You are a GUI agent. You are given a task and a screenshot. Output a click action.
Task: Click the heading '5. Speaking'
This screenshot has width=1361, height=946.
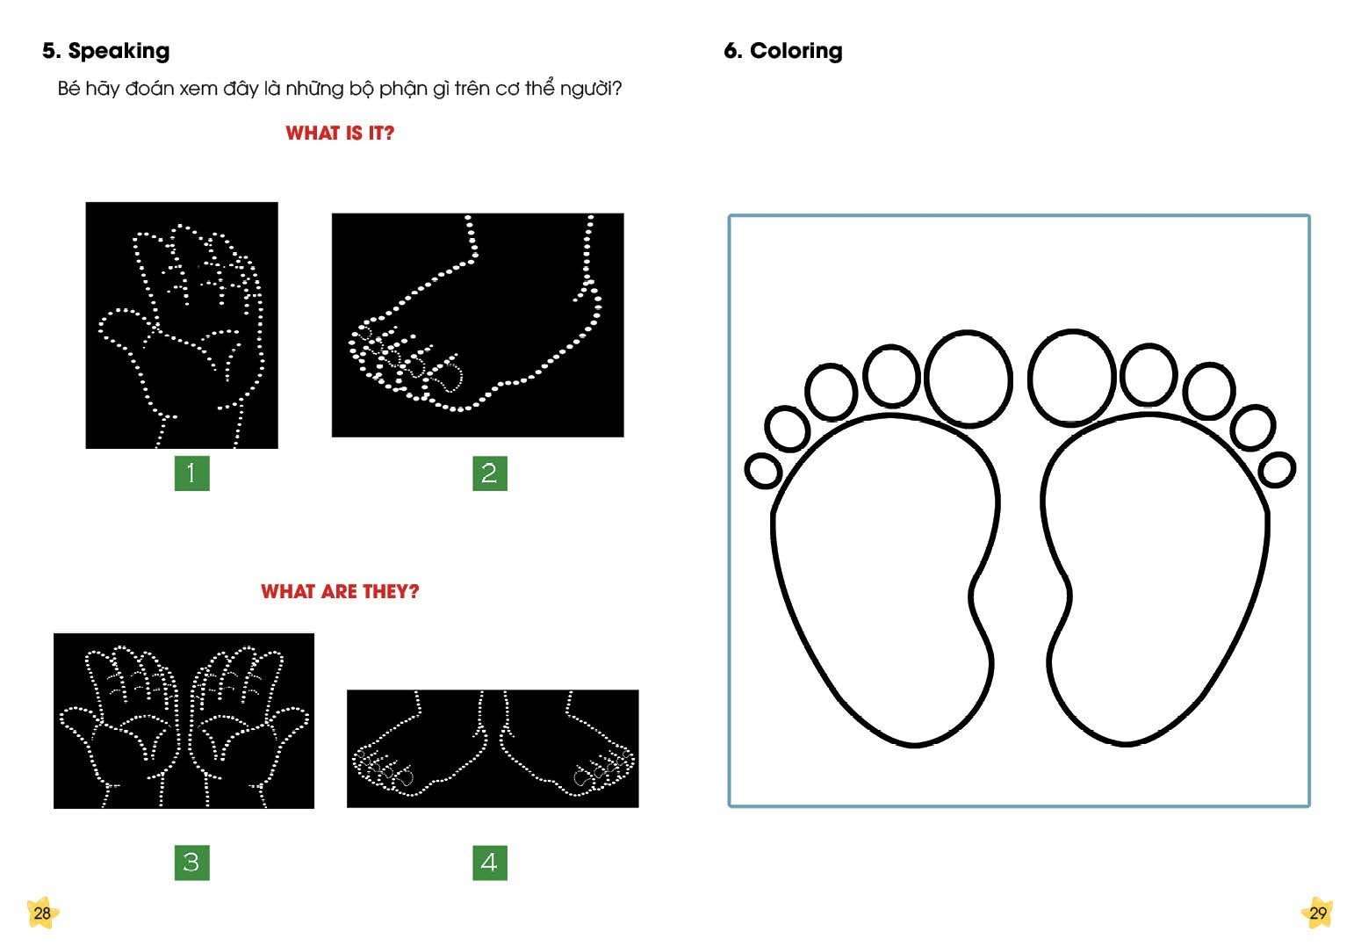click(x=105, y=51)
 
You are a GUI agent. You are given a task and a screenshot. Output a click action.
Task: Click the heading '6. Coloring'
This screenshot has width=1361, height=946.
click(x=783, y=51)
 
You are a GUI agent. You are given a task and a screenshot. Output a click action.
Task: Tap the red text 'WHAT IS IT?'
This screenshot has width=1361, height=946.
click(x=340, y=134)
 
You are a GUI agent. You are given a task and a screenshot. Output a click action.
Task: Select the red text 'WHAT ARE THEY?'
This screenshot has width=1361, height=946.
click(x=340, y=591)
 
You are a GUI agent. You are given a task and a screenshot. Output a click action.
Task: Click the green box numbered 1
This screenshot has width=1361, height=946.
click(x=192, y=473)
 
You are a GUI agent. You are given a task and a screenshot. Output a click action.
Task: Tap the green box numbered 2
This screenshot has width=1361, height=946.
click(x=490, y=473)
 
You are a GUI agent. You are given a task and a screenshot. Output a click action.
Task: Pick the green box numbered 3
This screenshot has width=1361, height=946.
click(x=192, y=863)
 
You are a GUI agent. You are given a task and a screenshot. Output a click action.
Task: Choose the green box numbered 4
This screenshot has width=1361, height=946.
click(x=490, y=863)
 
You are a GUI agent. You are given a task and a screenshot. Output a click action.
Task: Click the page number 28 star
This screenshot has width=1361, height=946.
click(x=42, y=913)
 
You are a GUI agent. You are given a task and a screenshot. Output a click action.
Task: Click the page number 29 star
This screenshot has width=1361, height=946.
click(x=1317, y=913)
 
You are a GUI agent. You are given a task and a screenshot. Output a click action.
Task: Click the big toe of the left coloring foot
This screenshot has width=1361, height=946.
click(x=969, y=379)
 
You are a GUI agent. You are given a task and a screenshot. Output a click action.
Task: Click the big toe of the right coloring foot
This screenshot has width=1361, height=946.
click(x=1072, y=377)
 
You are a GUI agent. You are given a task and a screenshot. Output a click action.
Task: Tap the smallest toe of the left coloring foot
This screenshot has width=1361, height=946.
click(x=763, y=471)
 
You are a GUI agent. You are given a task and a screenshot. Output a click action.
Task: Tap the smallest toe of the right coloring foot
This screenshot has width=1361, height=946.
click(x=1277, y=470)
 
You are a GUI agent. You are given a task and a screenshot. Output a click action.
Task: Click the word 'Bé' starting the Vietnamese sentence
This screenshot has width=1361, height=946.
click(x=68, y=89)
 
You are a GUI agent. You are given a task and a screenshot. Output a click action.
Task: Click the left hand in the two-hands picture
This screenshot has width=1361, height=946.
click(x=120, y=724)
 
